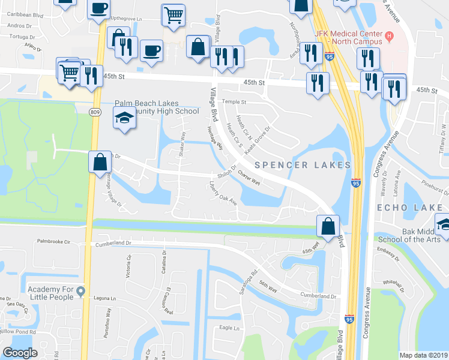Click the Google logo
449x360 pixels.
[20, 353]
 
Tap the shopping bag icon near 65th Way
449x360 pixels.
[328, 227]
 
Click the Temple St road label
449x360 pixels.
[235, 101]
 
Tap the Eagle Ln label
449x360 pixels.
[229, 328]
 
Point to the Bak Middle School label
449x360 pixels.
[415, 235]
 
